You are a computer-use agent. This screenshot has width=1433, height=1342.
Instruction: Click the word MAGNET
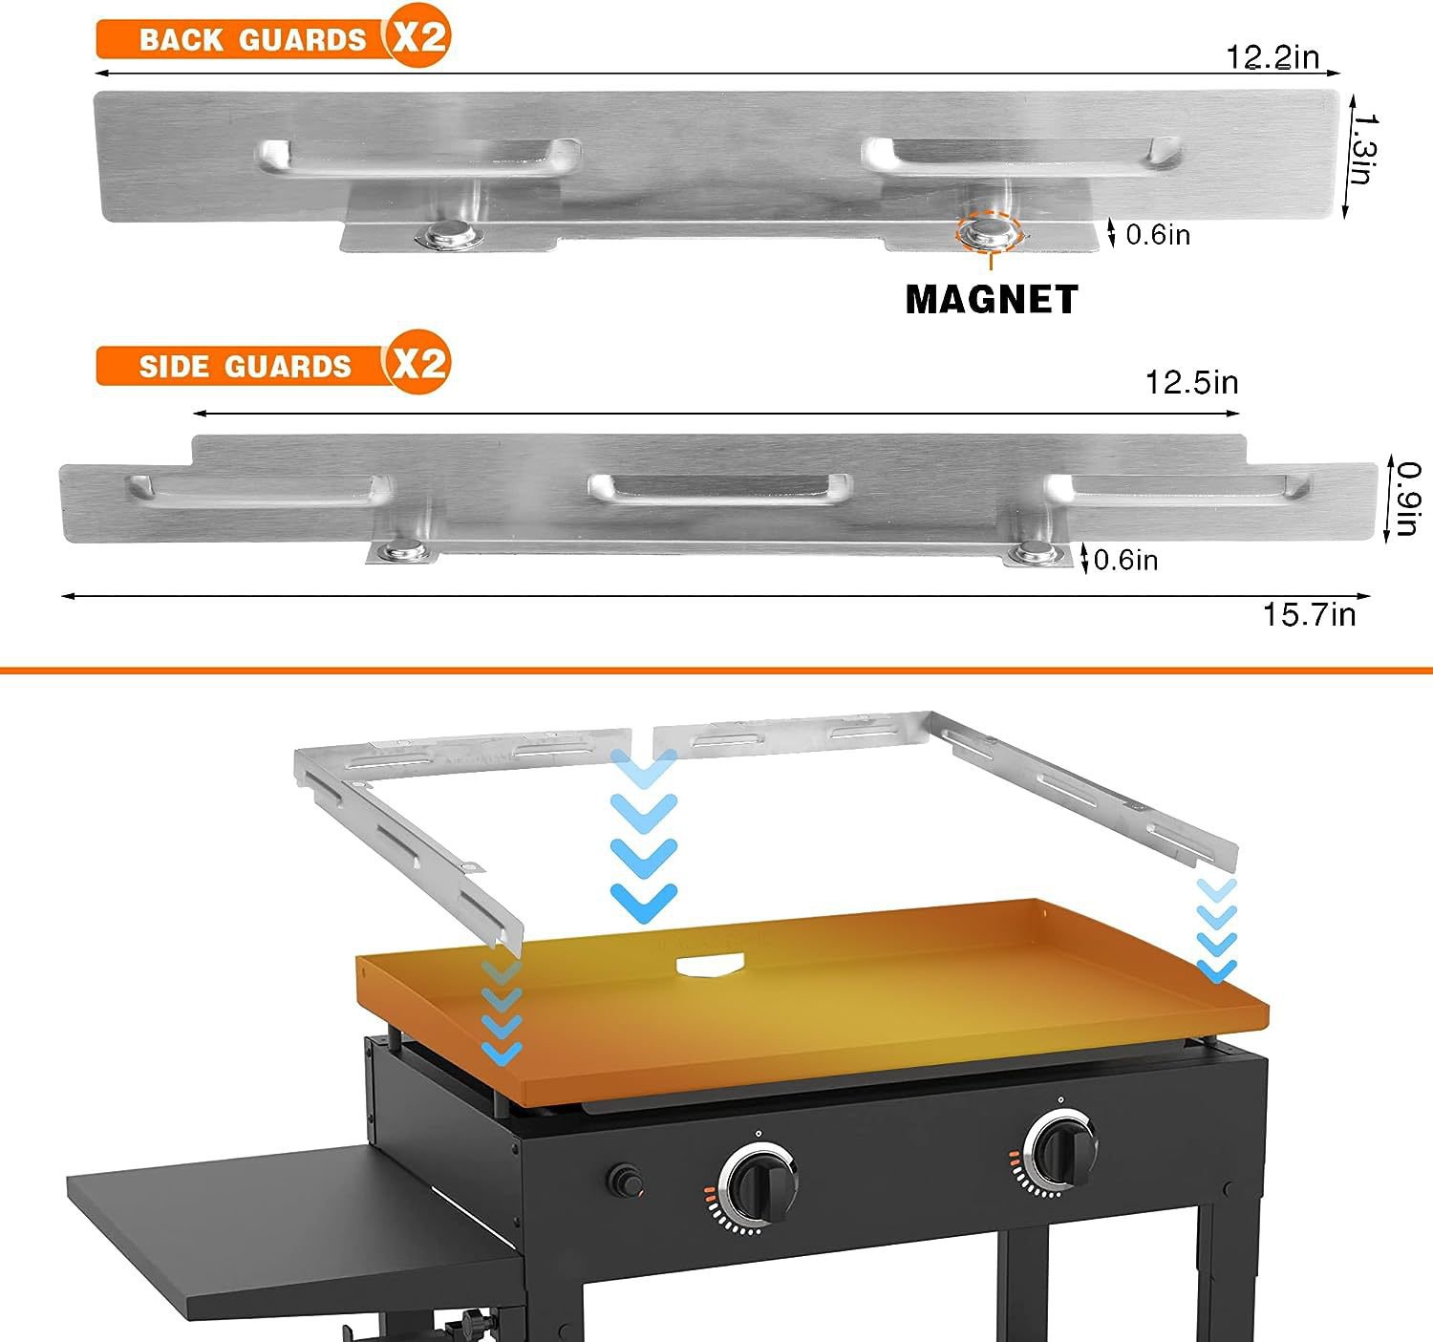(x=991, y=300)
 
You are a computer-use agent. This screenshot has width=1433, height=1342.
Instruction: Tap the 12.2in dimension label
(x=1272, y=57)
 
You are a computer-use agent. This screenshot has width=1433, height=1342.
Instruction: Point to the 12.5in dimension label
(x=1191, y=383)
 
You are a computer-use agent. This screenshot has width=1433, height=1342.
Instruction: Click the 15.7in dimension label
(x=1309, y=614)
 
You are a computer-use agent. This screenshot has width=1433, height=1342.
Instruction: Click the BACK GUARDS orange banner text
(x=252, y=40)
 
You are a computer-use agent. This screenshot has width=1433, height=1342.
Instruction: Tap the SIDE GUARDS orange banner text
(x=245, y=367)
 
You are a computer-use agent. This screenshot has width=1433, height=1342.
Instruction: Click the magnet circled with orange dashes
(x=988, y=231)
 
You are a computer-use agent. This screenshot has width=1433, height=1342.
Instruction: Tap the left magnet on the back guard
(x=452, y=234)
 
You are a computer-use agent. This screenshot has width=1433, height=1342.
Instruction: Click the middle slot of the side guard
(x=718, y=488)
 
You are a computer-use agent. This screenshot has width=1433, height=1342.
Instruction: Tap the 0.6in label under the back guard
(x=1157, y=235)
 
